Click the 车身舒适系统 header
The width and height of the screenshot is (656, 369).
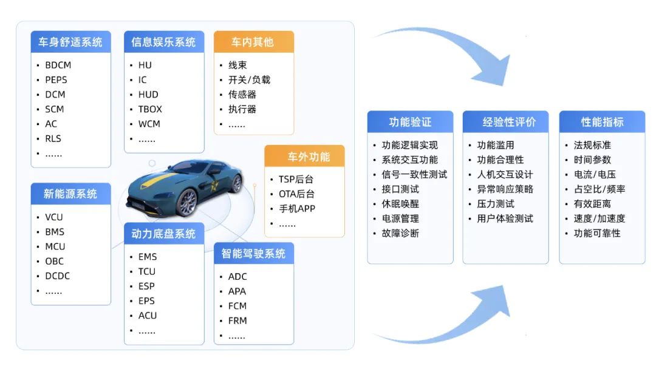pyautogui.click(x=70, y=42)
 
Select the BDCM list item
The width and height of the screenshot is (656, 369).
pyautogui.click(x=58, y=65)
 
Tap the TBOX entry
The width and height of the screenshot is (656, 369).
pyautogui.click(x=150, y=109)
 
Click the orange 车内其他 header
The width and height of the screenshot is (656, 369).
pyautogui.click(x=253, y=42)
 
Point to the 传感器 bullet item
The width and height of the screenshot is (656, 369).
pyautogui.click(x=242, y=95)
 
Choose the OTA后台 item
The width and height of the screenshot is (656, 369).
pyautogui.click(x=296, y=194)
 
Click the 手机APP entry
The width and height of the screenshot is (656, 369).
pyautogui.click(x=297, y=209)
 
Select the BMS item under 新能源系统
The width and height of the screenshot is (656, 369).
pyautogui.click(x=54, y=232)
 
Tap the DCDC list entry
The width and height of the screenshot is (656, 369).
pyautogui.click(x=57, y=276)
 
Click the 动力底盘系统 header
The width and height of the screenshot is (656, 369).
pyautogui.click(x=163, y=234)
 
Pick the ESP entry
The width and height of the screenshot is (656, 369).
pyautogui.click(x=146, y=286)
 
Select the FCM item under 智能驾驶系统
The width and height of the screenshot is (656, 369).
pyautogui.click(x=237, y=306)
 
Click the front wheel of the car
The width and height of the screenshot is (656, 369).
pyautogui.click(x=189, y=201)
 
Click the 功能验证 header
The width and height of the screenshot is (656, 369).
pyautogui.click(x=410, y=122)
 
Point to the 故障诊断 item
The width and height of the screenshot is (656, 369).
pyautogui.click(x=400, y=233)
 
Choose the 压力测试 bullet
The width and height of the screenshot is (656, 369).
pyautogui.click(x=495, y=204)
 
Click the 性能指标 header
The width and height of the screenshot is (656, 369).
pyautogui.click(x=602, y=122)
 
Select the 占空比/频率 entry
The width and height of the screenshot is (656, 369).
pyautogui.click(x=599, y=189)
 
